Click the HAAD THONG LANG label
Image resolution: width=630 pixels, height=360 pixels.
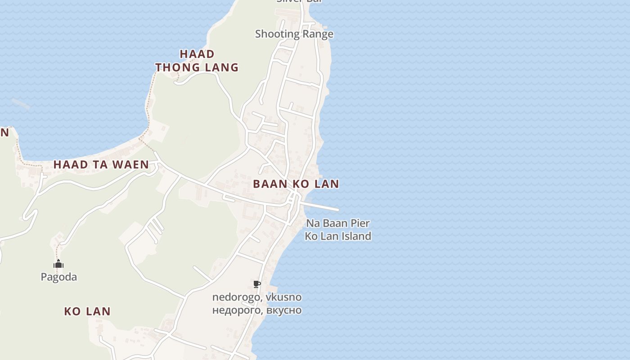[x=197, y=61]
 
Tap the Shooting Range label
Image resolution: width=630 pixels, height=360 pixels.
[x=294, y=34]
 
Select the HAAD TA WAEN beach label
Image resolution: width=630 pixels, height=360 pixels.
[x=101, y=165]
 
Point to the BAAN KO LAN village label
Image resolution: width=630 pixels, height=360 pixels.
[x=296, y=184]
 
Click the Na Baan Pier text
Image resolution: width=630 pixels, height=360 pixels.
[x=338, y=223]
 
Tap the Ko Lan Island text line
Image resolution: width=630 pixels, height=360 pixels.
[x=338, y=236]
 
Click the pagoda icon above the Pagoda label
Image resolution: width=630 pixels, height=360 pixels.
[x=58, y=264]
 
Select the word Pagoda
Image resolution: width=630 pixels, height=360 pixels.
[x=59, y=277]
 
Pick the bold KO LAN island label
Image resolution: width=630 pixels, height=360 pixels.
[x=87, y=311]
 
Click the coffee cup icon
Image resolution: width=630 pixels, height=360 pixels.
[x=256, y=284]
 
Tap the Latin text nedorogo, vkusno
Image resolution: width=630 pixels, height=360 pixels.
[x=257, y=297]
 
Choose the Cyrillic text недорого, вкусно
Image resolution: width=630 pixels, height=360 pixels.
[x=257, y=310]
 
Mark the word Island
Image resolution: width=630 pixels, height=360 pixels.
[x=355, y=236]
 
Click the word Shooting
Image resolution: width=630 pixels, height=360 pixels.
[x=278, y=34]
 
